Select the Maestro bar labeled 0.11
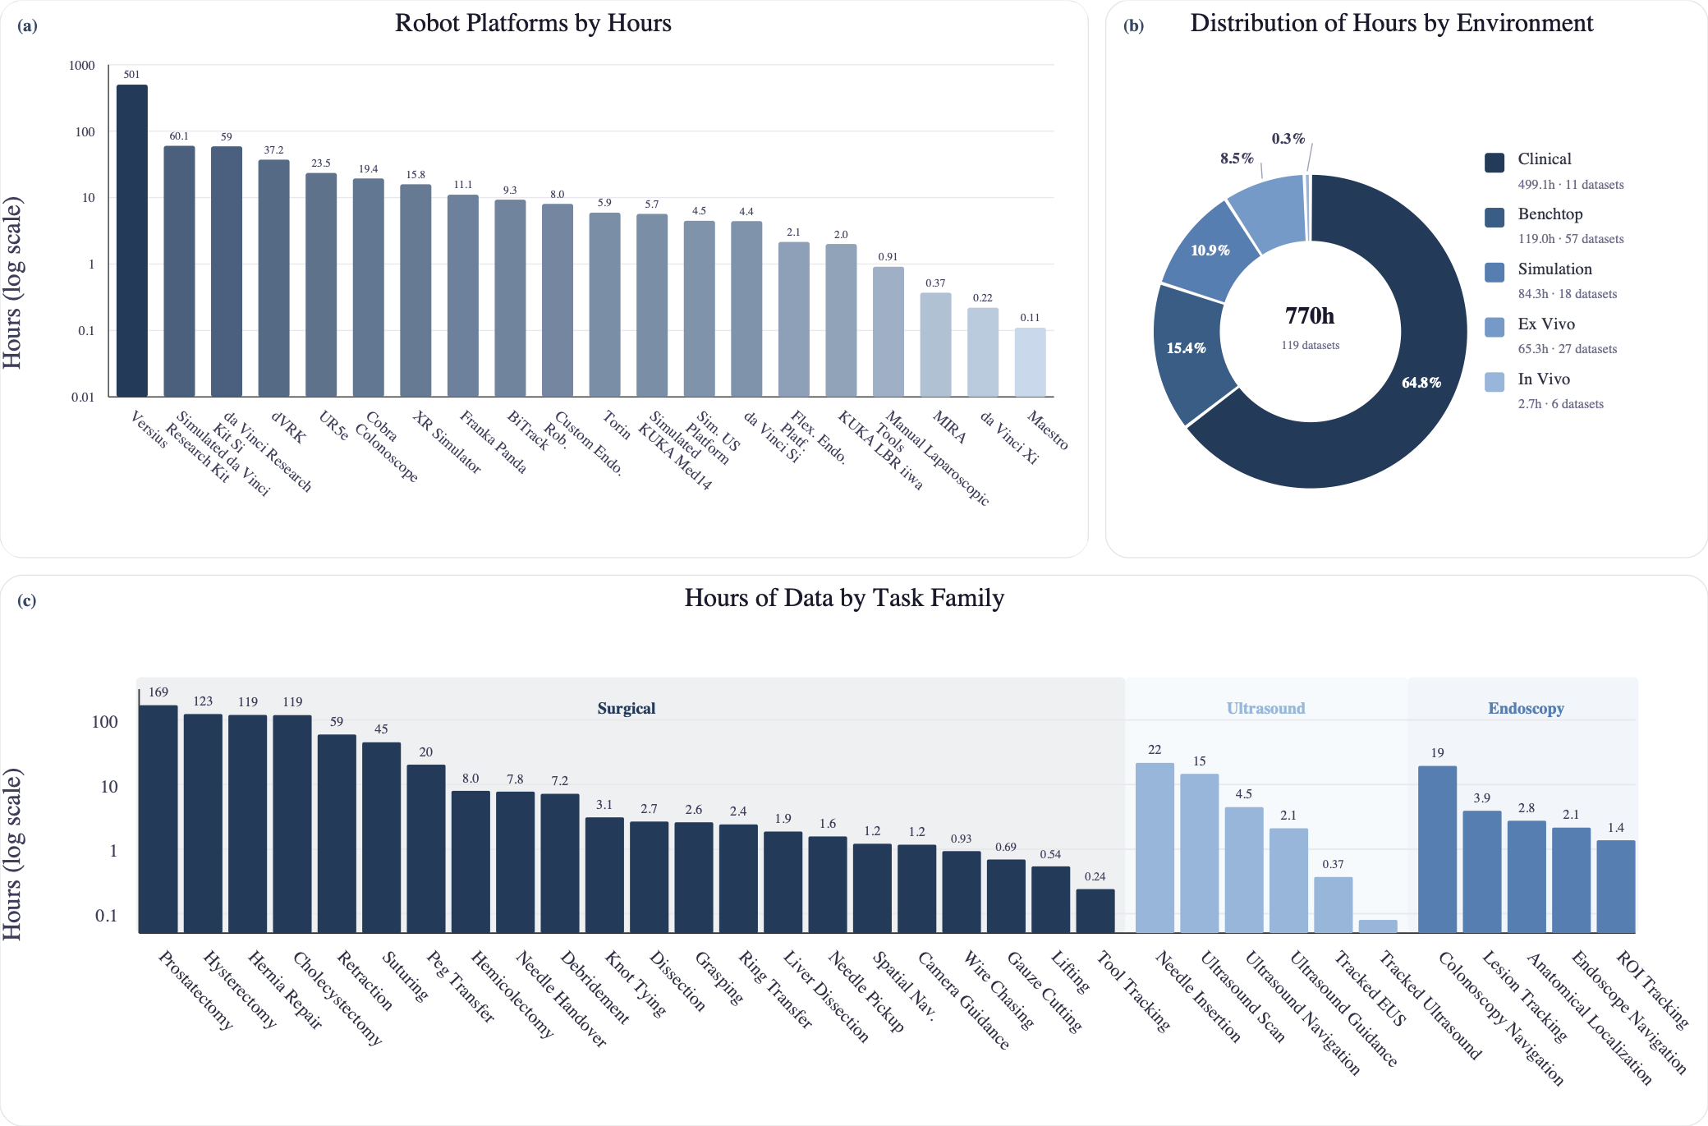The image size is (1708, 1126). (x=1030, y=362)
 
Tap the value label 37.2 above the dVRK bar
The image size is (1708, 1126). (x=273, y=150)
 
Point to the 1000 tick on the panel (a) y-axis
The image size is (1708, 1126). (x=81, y=66)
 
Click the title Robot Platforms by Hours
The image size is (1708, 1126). (x=533, y=23)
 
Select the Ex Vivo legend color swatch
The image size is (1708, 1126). (x=1494, y=327)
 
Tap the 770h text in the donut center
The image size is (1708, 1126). (x=1310, y=316)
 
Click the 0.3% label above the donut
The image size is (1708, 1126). (x=1288, y=139)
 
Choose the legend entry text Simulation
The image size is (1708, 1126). (x=1554, y=269)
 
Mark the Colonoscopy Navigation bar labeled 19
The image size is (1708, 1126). (x=1437, y=849)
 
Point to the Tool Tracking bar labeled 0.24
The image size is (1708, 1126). (x=1095, y=911)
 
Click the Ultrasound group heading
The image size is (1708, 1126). (x=1265, y=709)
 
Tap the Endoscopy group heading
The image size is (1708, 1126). (x=1526, y=709)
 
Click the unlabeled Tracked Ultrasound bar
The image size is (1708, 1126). (x=1378, y=926)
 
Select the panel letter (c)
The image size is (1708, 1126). (x=27, y=600)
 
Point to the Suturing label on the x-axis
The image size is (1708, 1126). (x=406, y=977)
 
